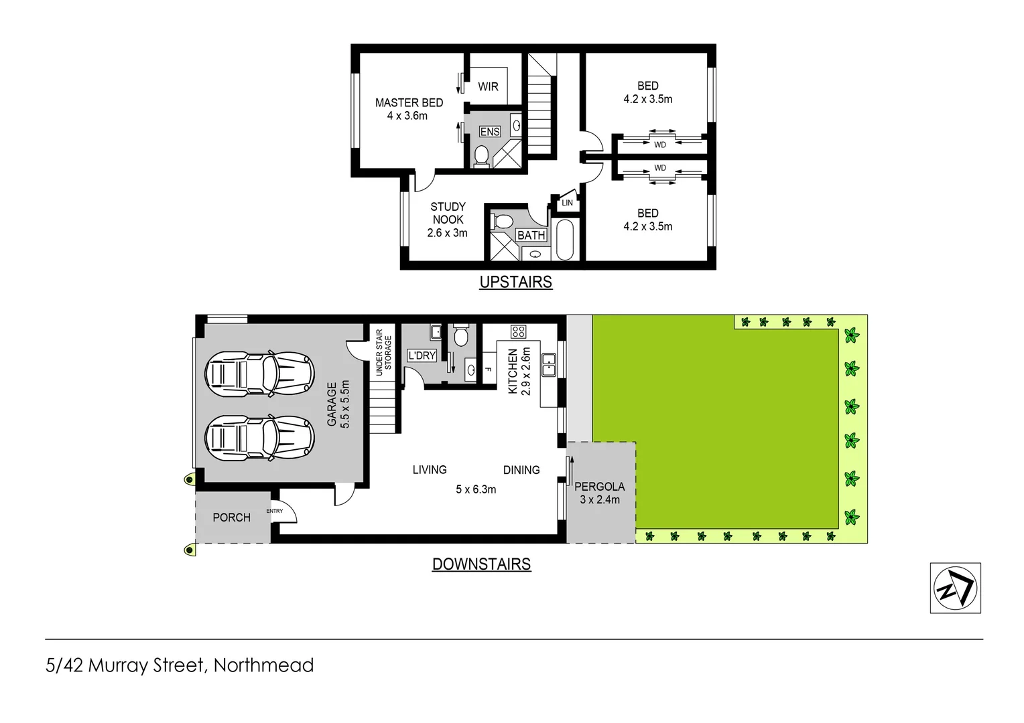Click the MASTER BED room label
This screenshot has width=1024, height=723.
[409, 109]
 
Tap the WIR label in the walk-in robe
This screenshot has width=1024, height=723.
[488, 86]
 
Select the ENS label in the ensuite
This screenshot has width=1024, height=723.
[490, 132]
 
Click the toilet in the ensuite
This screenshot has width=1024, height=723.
[481, 155]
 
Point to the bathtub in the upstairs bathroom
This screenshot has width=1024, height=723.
[565, 239]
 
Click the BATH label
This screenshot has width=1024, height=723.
[531, 236]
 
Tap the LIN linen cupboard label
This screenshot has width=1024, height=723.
[567, 203]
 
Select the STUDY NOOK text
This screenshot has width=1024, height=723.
[448, 220]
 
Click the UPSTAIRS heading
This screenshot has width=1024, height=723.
[515, 282]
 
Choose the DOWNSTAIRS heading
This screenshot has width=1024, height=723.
[481, 564]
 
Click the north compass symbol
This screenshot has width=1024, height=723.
[955, 588]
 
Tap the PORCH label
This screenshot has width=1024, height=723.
[231, 517]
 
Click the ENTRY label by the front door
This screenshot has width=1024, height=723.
[275, 511]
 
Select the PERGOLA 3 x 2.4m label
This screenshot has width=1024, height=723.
[600, 493]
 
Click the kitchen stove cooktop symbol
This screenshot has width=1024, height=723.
[518, 331]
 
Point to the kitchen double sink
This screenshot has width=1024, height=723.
[549, 365]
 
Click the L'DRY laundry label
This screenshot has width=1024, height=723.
[422, 355]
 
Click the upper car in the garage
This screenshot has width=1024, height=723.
[259, 372]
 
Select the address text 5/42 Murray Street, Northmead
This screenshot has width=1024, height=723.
[180, 665]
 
